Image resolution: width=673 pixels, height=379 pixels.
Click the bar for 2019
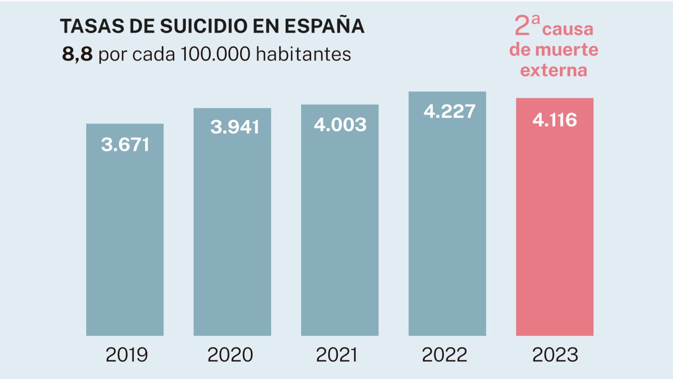125,236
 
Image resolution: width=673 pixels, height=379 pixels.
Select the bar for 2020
232,227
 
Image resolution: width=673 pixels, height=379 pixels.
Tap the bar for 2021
340,227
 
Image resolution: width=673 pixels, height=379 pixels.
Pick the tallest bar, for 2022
447,219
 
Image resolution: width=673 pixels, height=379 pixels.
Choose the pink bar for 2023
555,223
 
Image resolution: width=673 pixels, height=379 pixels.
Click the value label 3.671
125,145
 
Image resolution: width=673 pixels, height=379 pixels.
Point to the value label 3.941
235,127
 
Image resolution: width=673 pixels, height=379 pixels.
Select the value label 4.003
340,125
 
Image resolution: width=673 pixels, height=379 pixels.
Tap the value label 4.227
449,112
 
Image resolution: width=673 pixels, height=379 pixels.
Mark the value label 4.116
555,120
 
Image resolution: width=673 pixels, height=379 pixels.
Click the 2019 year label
127,355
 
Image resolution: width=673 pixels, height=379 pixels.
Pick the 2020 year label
230,355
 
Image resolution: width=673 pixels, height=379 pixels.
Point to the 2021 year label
336,355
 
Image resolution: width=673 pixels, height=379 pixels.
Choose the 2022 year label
444,355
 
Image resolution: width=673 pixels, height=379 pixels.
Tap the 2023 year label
555,355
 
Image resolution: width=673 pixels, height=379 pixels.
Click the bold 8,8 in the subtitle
77,54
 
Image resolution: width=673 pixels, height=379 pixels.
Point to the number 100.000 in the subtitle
215,54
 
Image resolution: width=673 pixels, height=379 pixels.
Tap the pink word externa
554,70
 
